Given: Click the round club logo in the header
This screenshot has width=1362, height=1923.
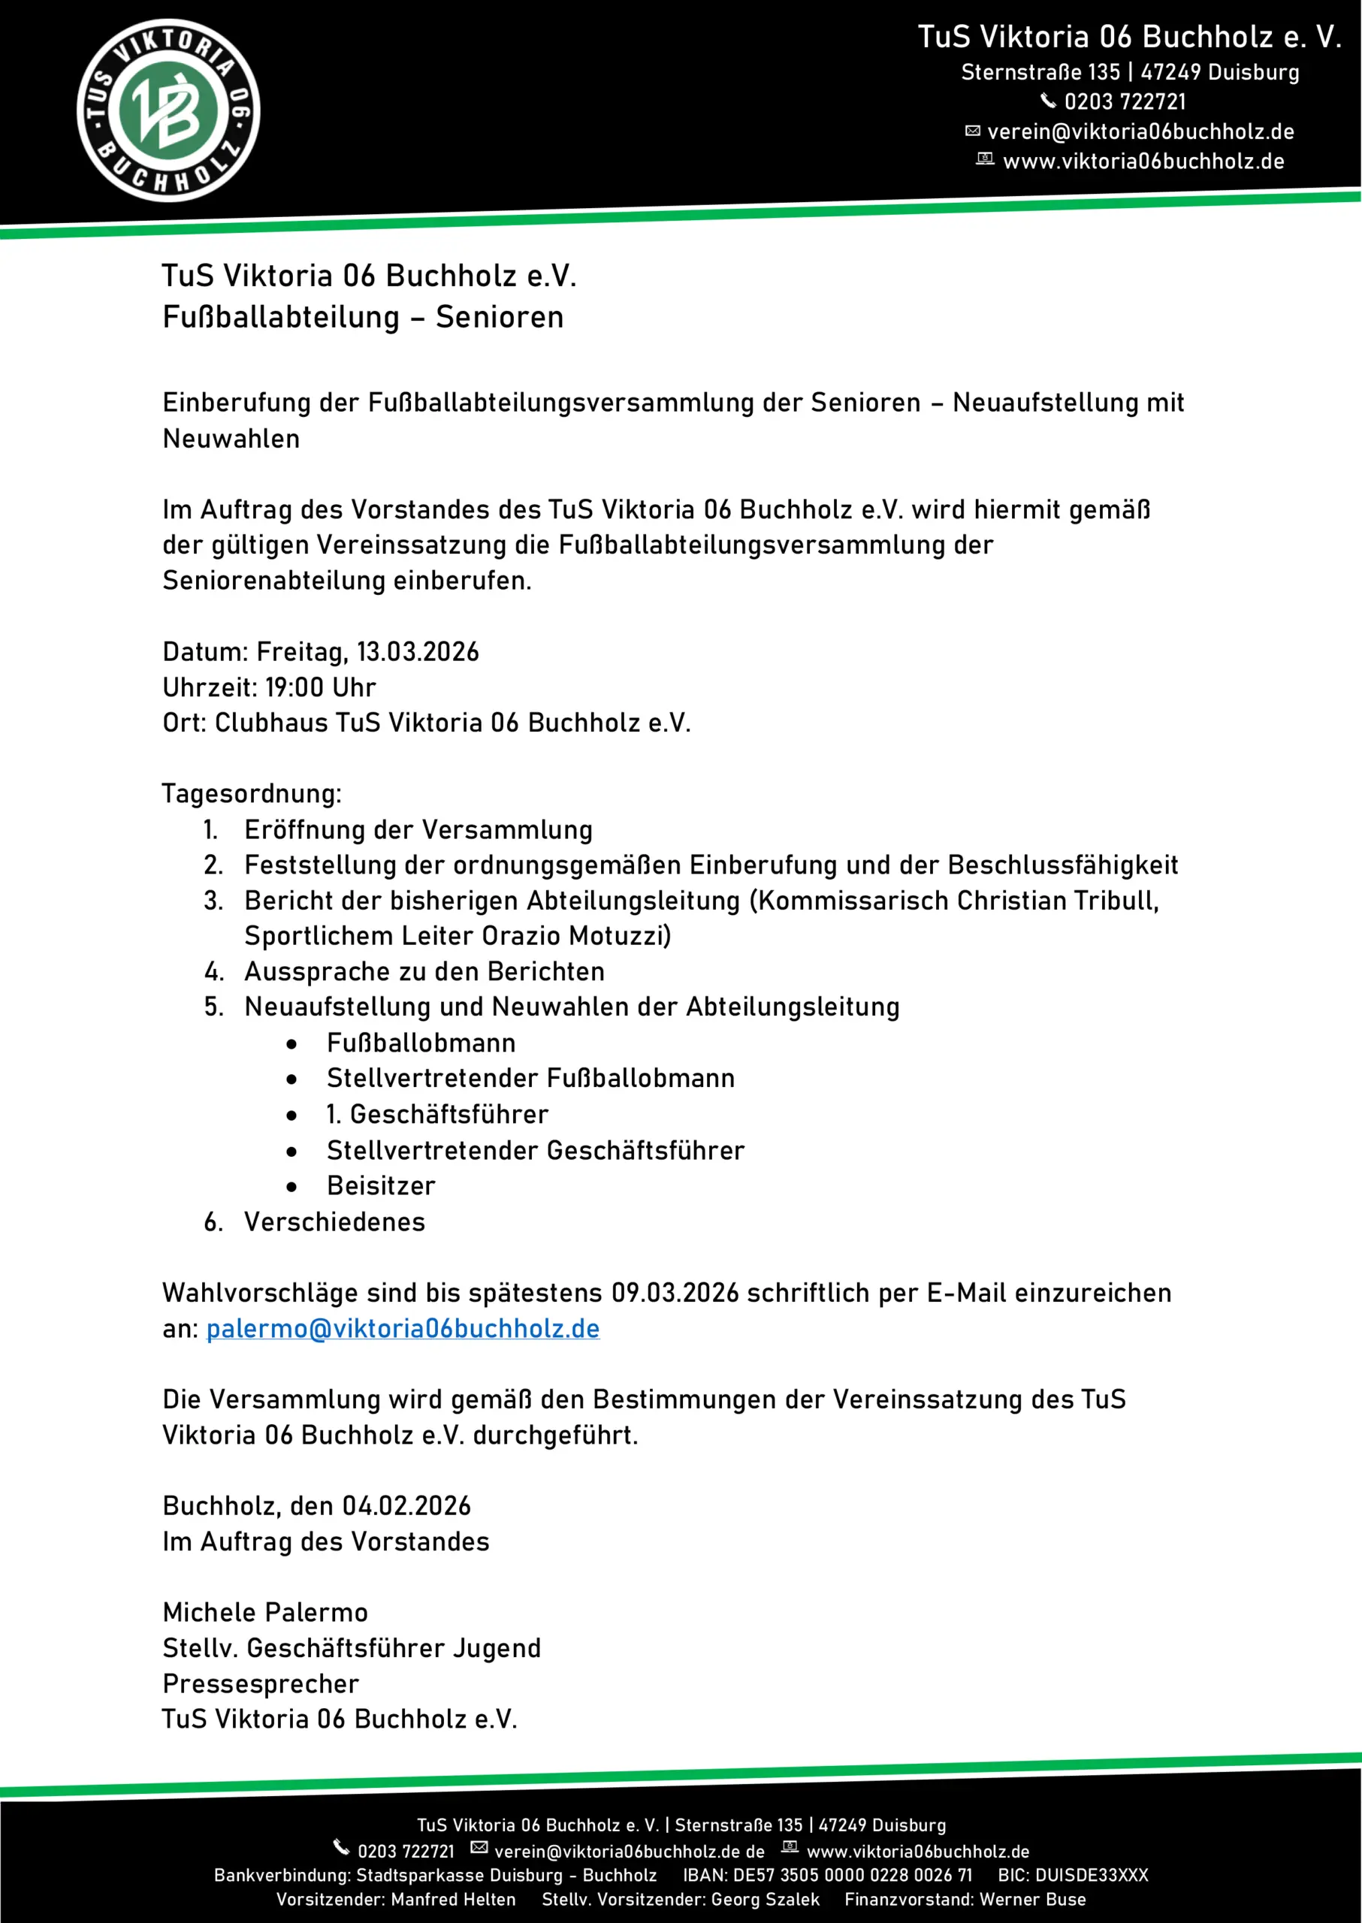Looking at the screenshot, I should tap(168, 110).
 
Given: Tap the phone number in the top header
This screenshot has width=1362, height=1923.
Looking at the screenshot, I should tap(1125, 102).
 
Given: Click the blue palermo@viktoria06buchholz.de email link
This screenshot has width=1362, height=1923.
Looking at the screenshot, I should tap(403, 1328).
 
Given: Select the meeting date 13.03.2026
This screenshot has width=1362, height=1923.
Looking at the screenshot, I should tap(418, 651).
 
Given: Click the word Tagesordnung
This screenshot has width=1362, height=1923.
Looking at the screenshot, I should tap(252, 793).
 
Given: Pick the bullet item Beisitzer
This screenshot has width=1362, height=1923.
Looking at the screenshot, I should tap(382, 1186).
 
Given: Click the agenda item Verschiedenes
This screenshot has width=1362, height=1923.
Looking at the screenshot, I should tap(334, 1222).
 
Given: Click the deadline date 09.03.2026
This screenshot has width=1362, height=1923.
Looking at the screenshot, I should tap(675, 1294).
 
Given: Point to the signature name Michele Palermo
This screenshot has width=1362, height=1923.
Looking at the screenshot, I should tap(265, 1613).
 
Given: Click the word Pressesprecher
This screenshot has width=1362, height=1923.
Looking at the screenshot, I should tap(261, 1684).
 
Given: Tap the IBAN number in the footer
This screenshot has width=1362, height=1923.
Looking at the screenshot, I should tap(852, 1875).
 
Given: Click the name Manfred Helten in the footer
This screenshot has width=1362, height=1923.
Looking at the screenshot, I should tap(453, 1900).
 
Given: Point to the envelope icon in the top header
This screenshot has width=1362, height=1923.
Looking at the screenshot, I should tap(973, 131).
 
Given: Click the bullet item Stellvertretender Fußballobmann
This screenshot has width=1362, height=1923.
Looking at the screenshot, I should tap(531, 1079).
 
